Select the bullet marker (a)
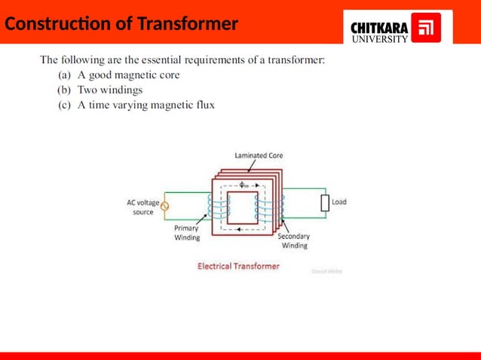pyautogui.click(x=65, y=75)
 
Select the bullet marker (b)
pyautogui.click(x=65, y=90)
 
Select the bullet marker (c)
pyautogui.click(x=65, y=105)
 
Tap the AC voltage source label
pyautogui.click(x=143, y=207)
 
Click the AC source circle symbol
pyautogui.click(x=165, y=206)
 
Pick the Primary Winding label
pyautogui.click(x=187, y=233)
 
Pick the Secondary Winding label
pyautogui.click(x=294, y=240)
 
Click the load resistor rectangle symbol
pyautogui.click(x=325, y=203)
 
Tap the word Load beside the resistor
pyautogui.click(x=339, y=203)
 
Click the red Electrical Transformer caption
pyautogui.click(x=238, y=266)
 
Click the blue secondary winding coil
pyautogui.click(x=261, y=207)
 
